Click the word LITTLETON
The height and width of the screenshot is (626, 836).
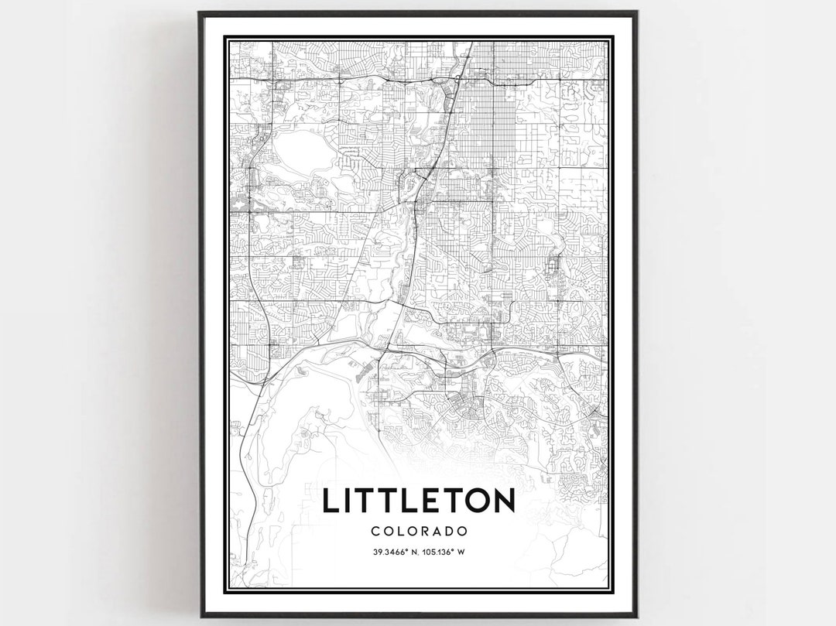[x=418, y=501]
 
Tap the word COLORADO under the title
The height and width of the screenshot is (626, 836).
[x=418, y=532]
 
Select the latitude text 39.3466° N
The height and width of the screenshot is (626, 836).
[x=391, y=552]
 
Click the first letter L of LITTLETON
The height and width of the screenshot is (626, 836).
[x=330, y=501]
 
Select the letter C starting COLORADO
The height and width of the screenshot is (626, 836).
[x=375, y=532]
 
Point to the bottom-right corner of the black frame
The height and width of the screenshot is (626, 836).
[x=636, y=616]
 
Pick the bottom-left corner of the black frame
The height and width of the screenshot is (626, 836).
[x=200, y=616]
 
